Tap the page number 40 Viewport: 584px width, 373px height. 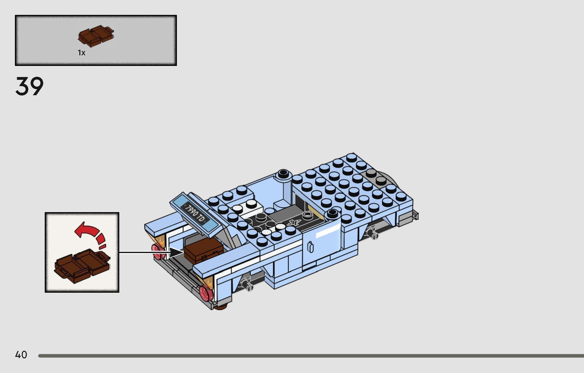point(21,355)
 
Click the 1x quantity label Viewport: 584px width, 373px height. point(82,53)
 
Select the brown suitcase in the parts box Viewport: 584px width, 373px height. point(96,36)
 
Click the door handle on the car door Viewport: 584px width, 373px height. point(311,247)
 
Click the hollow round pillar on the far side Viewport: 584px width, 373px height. point(284,174)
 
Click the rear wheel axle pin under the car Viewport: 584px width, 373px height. point(247,285)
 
